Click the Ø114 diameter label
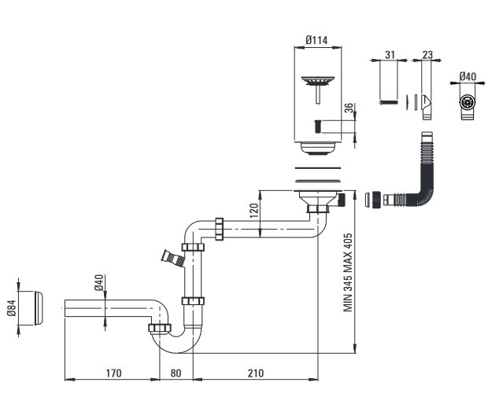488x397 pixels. [x=316, y=40]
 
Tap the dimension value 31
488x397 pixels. [x=390, y=55]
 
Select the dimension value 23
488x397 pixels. [x=427, y=55]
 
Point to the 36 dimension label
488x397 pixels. [x=349, y=108]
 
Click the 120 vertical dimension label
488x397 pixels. [x=254, y=211]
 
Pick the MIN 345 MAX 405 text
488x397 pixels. [x=348, y=272]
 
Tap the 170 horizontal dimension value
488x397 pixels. [x=113, y=373]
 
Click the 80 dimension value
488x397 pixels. [x=176, y=373]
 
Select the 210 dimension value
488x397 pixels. [x=256, y=373]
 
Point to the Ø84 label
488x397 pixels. [x=12, y=308]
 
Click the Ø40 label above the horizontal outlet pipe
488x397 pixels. [x=98, y=282]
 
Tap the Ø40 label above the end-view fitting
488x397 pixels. [x=468, y=76]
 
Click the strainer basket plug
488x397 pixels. [x=318, y=89]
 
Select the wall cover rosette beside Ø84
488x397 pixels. [x=39, y=308]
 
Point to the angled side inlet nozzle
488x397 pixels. [x=172, y=259]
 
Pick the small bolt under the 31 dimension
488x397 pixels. [x=389, y=102]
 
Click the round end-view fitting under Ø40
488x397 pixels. [x=468, y=102]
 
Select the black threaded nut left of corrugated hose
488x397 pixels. [x=377, y=200]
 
